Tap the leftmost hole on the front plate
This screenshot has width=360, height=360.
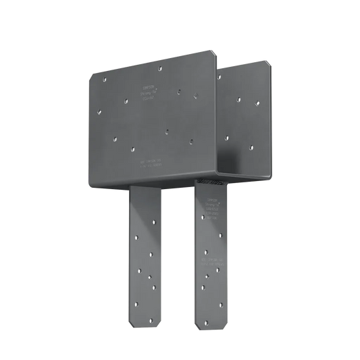pos(105,79)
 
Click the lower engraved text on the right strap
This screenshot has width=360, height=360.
pos(211,259)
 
